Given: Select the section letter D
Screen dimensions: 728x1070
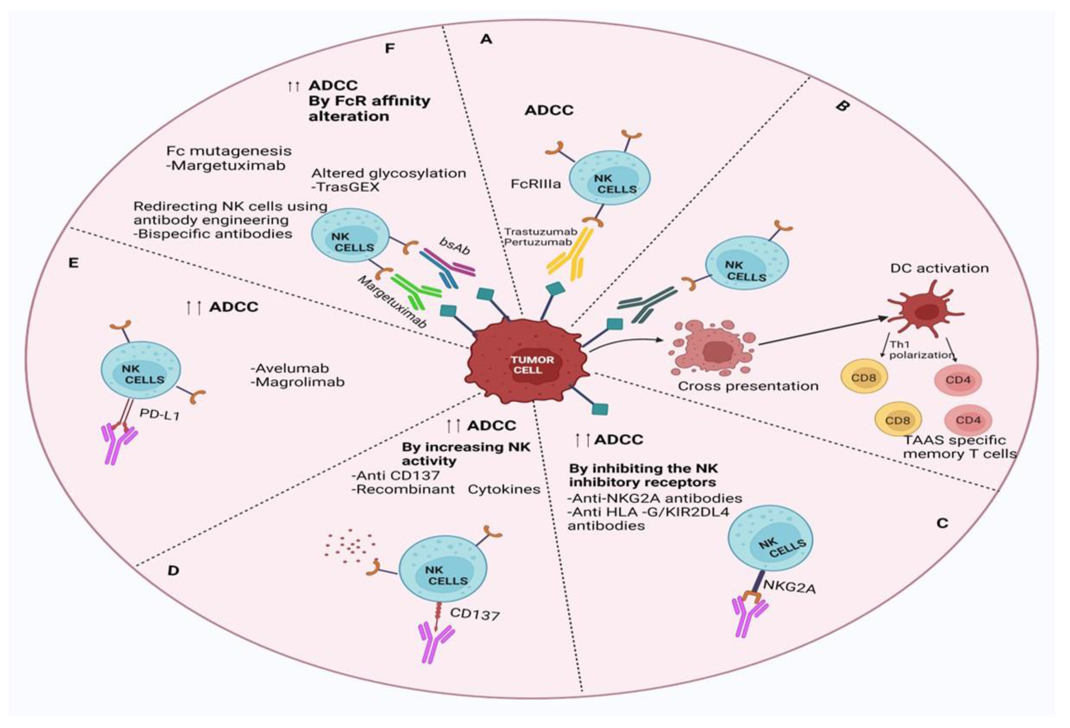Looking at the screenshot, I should click(x=173, y=571).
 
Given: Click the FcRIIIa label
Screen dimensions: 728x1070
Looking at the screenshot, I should click(x=536, y=184).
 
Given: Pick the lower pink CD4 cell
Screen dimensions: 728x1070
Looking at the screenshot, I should click(x=968, y=420).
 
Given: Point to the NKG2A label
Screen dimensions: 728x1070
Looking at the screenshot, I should click(x=789, y=587).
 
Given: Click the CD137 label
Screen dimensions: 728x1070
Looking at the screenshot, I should click(x=474, y=614).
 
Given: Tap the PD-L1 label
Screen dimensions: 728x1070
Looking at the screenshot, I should click(x=159, y=414).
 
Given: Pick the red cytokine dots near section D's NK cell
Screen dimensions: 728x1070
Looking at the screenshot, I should click(x=350, y=548).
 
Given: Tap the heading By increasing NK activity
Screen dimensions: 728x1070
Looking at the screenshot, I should click(x=465, y=454).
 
